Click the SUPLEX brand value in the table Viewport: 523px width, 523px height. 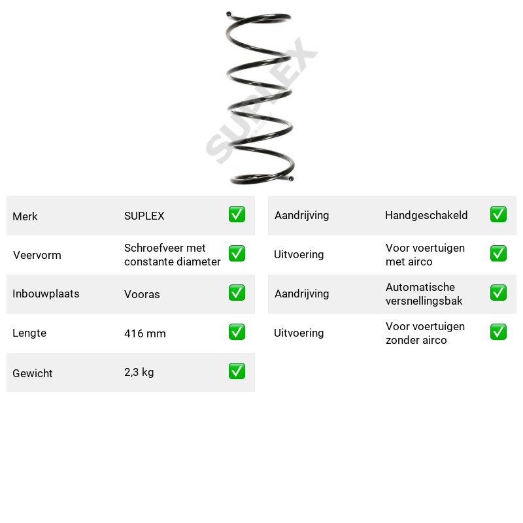point(144,216)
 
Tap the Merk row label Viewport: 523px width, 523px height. point(25,216)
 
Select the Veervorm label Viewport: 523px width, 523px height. point(37,255)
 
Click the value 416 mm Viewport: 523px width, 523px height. point(144,333)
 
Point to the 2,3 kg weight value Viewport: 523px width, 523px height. point(139,372)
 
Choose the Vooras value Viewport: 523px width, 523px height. point(142,294)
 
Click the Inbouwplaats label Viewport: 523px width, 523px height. point(46,294)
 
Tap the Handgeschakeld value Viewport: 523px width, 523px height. point(426,215)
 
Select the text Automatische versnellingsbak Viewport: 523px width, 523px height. point(424,294)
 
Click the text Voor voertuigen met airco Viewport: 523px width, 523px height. point(425,255)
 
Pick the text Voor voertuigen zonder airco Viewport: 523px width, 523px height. point(425,333)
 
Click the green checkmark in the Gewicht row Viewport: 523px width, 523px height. point(237,371)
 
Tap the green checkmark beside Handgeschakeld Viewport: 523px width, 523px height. point(498,214)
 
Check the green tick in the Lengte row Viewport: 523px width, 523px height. point(237,332)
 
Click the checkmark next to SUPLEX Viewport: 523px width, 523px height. point(237,214)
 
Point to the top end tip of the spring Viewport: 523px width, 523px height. point(228,14)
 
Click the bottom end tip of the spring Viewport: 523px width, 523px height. point(291,178)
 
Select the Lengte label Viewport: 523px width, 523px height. point(29,333)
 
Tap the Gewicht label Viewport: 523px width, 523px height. point(32,373)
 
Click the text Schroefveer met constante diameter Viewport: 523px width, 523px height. point(172,255)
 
